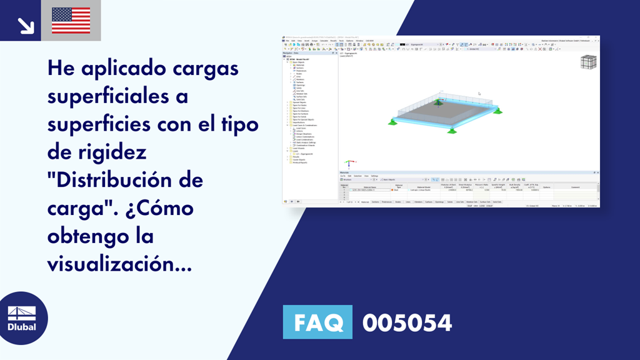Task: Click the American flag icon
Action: [x=71, y=21]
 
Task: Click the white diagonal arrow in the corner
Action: [x=25, y=25]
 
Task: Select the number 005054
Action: [x=407, y=322]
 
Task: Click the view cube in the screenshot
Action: [x=587, y=62]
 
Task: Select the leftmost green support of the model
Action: [x=391, y=120]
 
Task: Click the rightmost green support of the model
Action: [x=497, y=111]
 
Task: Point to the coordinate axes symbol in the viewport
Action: [x=349, y=164]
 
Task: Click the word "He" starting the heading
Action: [x=61, y=68]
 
